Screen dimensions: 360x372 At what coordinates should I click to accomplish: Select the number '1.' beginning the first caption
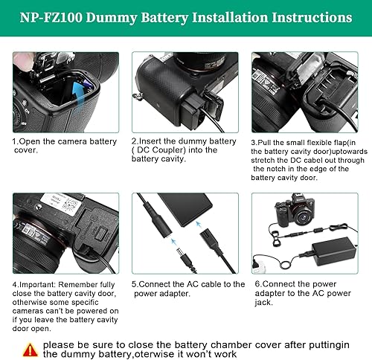click(15, 140)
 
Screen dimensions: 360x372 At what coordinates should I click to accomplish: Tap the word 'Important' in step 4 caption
click(42, 283)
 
